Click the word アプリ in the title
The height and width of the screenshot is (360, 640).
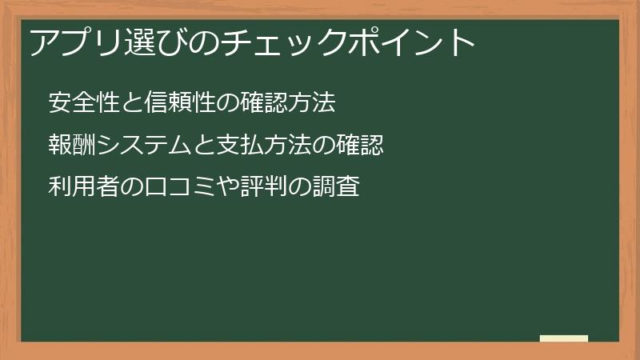pyautogui.click(x=74, y=42)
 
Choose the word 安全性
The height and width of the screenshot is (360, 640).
pyautogui.click(x=83, y=104)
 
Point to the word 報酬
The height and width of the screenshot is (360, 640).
pyautogui.click(x=72, y=146)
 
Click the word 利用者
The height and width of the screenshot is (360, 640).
pyautogui.click(x=83, y=187)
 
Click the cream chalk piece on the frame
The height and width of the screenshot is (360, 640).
pyautogui.click(x=563, y=338)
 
